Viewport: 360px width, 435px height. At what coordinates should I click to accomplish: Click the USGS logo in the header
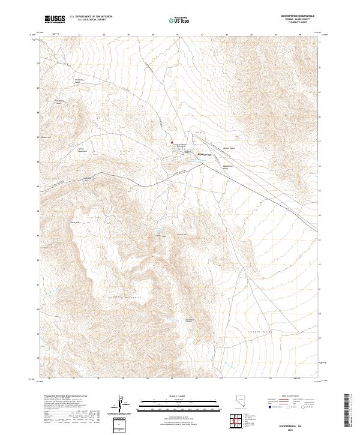[55, 19]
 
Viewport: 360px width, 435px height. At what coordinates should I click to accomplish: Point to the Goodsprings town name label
[205, 154]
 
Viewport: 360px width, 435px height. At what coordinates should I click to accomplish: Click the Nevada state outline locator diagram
[241, 406]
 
